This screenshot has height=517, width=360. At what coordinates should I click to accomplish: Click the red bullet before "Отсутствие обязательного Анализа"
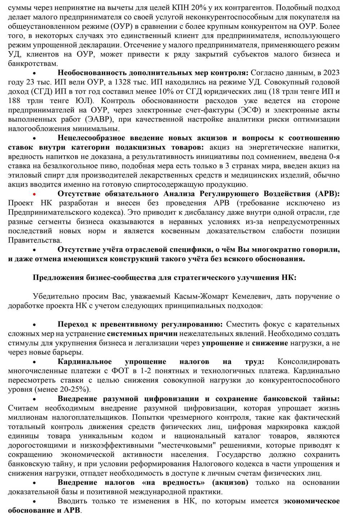[x=35, y=193]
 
